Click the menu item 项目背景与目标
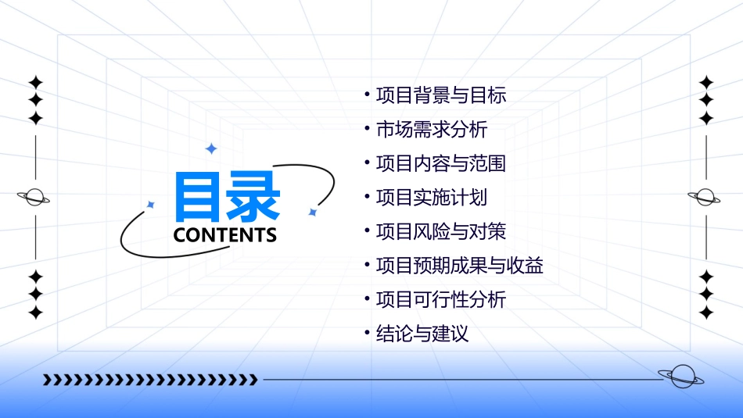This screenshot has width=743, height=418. click(441, 95)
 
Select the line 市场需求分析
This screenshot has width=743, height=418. click(432, 130)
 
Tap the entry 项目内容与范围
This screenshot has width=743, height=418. click(441, 163)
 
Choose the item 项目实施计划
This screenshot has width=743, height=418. click(432, 198)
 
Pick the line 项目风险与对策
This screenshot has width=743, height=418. click(441, 232)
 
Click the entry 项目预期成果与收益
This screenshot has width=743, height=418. click(460, 266)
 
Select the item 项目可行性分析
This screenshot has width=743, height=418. click(441, 300)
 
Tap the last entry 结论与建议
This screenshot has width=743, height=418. click(422, 334)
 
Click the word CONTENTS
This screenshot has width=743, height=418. click(225, 235)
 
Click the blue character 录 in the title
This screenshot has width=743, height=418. click(253, 197)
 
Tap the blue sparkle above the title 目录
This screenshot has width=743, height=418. click(210, 148)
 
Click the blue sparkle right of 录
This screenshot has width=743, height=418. click(312, 212)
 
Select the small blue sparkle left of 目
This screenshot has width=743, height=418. click(151, 205)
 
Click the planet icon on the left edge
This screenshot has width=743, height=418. click(34, 197)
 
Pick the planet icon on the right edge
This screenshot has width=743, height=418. click(705, 197)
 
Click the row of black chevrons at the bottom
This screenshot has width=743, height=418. click(150, 380)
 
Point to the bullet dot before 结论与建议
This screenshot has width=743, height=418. click(367, 334)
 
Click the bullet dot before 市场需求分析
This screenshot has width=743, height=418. click(367, 129)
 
